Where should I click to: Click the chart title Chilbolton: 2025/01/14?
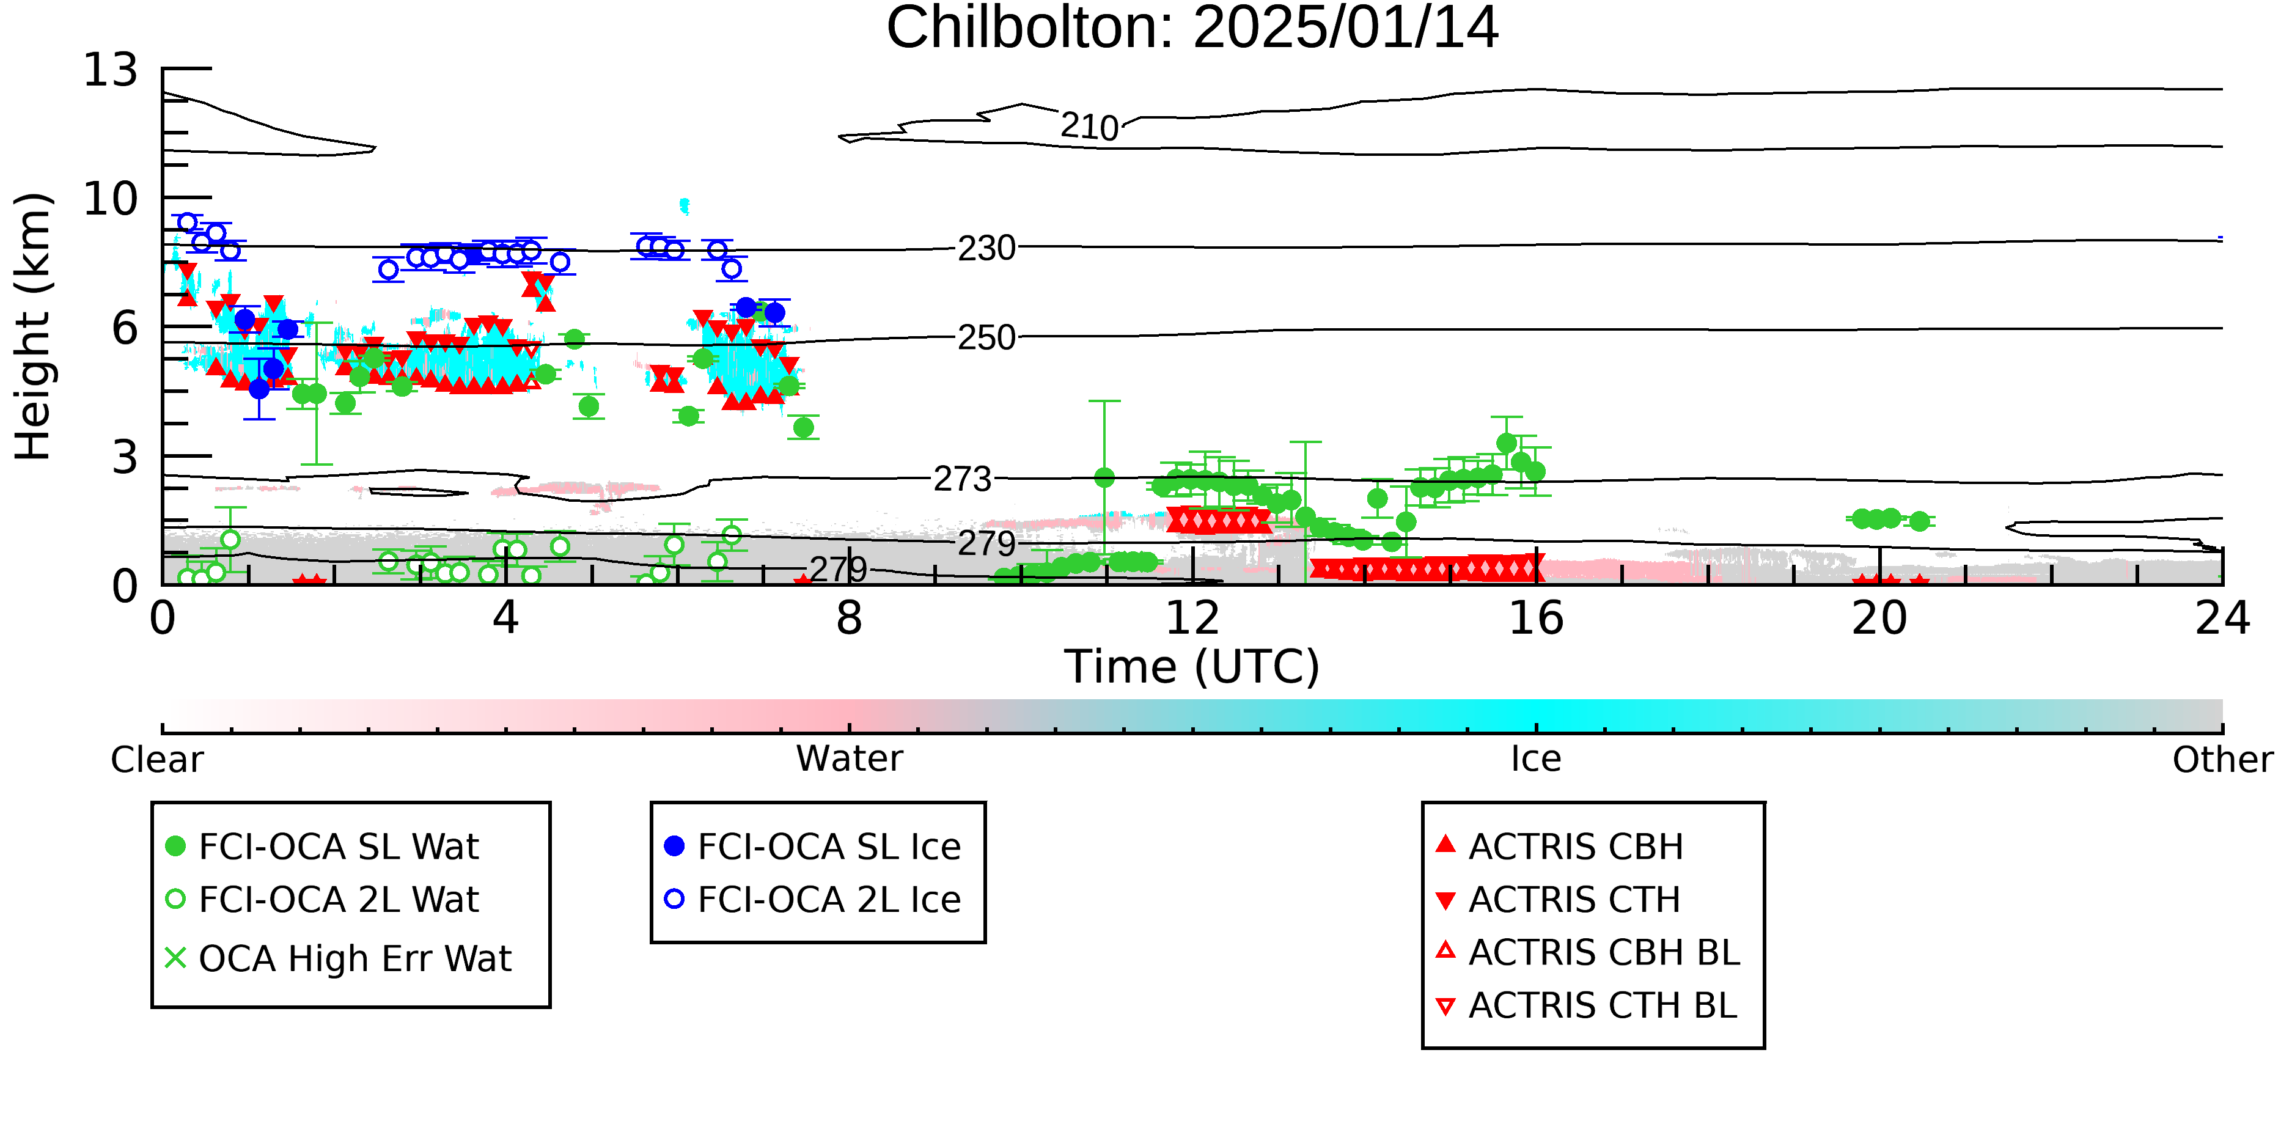1192,29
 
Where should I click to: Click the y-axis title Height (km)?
33,326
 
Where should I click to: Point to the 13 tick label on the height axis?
111,70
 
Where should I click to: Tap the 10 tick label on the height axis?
111,199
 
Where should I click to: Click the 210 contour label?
1089,127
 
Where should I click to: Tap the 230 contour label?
986,248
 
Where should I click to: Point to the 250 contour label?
986,338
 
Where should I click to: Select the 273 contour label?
963,480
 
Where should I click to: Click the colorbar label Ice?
1536,759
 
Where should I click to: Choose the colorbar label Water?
850,759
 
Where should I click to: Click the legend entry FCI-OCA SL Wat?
322,846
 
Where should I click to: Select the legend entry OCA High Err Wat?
338,958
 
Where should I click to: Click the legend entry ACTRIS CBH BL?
1587,952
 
